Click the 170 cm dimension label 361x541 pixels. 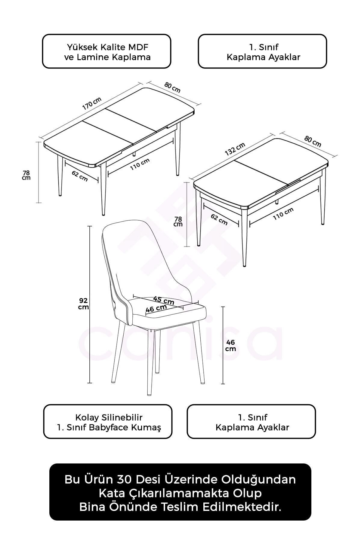[92, 103]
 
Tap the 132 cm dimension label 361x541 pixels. [235, 149]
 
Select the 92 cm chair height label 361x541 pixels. [83, 303]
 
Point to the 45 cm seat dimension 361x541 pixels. [164, 300]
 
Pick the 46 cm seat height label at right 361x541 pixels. [230, 345]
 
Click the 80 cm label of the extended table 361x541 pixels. [172, 87]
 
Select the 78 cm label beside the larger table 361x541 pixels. [26, 175]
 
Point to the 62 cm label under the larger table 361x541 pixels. [80, 176]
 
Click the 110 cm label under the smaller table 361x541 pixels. [283, 214]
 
